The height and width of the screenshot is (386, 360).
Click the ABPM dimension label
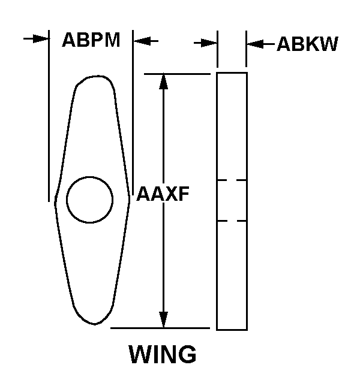(x=91, y=40)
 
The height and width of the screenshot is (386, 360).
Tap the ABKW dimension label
(x=308, y=44)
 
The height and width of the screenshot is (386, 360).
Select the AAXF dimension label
(x=163, y=194)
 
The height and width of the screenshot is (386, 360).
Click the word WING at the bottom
(x=163, y=354)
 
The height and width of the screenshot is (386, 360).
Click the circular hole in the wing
(x=89, y=200)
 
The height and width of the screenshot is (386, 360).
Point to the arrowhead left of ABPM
(x=41, y=38)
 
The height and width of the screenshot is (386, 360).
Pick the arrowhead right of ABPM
(x=142, y=41)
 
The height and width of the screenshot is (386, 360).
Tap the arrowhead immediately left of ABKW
(x=255, y=44)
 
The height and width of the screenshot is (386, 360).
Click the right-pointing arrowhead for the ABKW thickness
(x=209, y=43)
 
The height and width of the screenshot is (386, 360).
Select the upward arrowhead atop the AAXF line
(x=163, y=82)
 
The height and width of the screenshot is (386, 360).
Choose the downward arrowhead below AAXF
(x=163, y=319)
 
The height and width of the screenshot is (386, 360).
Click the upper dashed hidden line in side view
(x=232, y=180)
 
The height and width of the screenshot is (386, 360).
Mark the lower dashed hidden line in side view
(x=232, y=221)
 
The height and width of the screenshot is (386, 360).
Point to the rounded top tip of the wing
(x=97, y=76)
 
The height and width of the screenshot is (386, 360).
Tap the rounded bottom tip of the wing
(x=95, y=324)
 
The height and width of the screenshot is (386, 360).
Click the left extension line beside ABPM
(x=49, y=116)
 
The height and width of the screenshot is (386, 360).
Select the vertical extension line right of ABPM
(x=133, y=113)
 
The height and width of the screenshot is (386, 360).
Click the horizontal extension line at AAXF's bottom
(x=160, y=328)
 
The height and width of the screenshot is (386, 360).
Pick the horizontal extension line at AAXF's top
(x=177, y=74)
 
